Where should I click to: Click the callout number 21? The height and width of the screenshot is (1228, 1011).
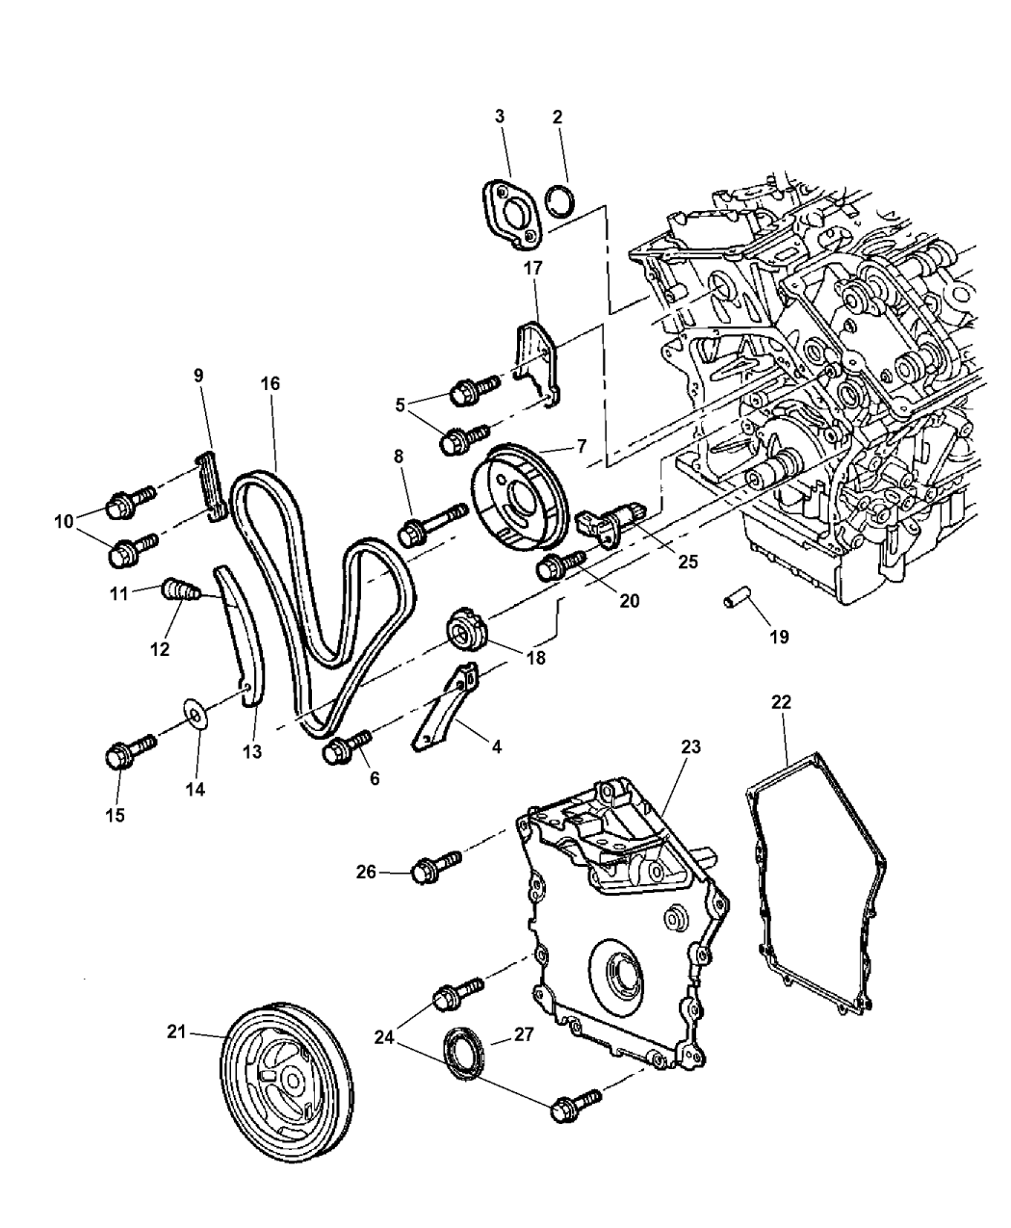[x=174, y=1032]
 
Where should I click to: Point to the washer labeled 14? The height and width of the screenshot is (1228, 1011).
[x=196, y=716]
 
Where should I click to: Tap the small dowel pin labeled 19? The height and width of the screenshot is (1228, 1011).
[x=738, y=604]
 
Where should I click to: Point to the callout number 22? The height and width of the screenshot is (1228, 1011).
[x=781, y=703]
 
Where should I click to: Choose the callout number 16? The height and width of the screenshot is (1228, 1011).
[x=270, y=383]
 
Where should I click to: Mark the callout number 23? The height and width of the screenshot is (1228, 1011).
[x=691, y=746]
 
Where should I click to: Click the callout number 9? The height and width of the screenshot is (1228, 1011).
[x=198, y=376]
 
